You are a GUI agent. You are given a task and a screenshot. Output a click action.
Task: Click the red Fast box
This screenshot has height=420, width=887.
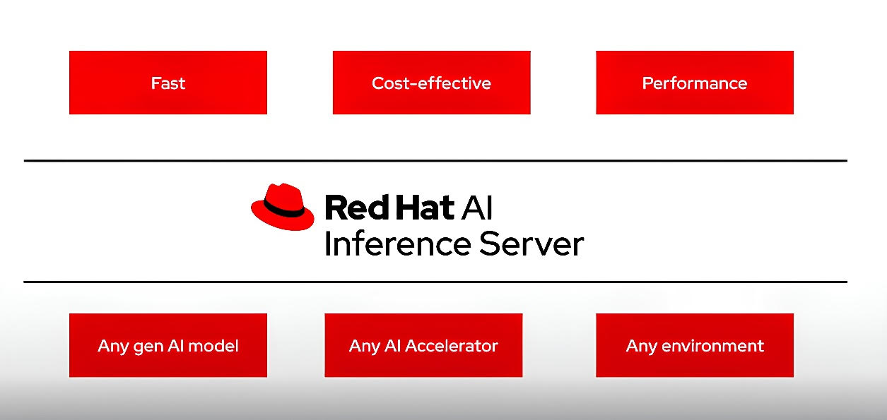point(168,83)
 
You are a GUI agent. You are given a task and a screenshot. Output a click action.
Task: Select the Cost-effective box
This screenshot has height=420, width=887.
point(432,83)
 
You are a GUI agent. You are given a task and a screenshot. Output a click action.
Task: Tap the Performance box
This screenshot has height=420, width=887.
point(695,83)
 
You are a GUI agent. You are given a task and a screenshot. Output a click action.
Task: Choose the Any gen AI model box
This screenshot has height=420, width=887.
point(168,345)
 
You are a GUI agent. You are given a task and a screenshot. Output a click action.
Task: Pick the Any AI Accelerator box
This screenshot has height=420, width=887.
point(423,345)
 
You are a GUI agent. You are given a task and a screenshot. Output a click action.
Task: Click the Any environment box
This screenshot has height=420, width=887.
point(695,345)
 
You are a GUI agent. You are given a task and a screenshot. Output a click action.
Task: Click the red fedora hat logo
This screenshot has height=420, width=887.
point(283,207)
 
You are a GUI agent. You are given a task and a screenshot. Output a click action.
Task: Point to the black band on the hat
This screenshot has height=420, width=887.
point(283,208)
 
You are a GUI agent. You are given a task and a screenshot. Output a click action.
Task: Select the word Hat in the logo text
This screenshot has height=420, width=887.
point(425,208)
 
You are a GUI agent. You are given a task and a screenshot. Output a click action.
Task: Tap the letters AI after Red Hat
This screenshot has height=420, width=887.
point(477,208)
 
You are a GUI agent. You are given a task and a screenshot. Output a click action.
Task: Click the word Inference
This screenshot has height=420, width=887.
point(398,244)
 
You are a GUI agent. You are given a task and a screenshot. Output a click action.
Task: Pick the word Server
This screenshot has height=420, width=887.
point(531,244)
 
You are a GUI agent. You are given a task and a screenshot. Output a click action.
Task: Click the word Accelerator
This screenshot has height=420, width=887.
point(452,346)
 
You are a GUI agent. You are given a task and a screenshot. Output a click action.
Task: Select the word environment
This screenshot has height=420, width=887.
point(712,346)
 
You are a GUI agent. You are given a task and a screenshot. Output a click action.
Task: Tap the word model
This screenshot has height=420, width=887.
point(213,346)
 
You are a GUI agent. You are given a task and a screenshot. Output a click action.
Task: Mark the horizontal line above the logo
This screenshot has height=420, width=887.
point(435,160)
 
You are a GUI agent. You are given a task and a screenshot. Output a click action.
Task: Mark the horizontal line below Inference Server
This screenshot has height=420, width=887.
point(435,282)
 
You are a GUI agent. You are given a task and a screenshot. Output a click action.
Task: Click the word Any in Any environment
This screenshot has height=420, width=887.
point(642,347)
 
